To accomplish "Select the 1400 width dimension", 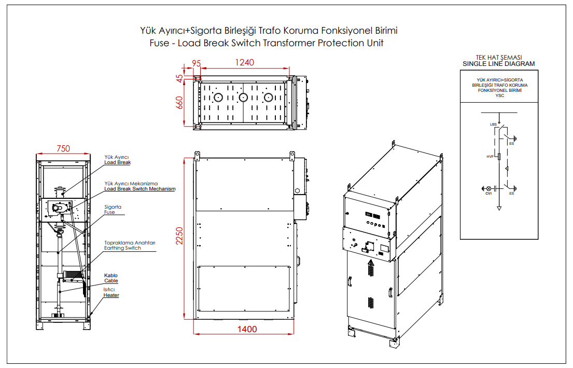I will pos(247,329).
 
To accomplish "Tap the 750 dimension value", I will pos(63,148).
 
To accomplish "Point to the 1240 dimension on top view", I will pos(245,62).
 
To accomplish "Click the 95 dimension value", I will pos(196,63).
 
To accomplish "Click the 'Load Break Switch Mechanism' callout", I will pos(140,189).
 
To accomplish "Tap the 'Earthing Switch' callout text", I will pos(122,248).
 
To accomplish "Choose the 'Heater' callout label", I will pos(111,295).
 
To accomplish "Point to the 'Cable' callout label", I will pos(111,281).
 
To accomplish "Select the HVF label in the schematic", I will pos(490,156).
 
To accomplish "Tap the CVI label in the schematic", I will pos(488,193).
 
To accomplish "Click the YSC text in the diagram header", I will pos(499,96).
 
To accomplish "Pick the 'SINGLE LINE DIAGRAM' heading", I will pos(498,64).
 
